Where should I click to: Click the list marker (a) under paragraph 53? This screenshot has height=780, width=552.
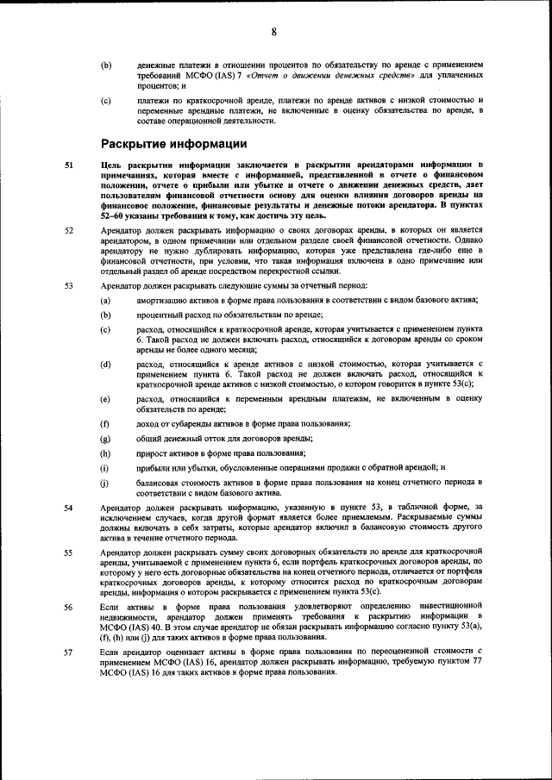[105, 300]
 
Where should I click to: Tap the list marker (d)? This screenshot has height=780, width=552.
[105, 365]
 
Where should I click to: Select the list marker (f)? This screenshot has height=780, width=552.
[105, 424]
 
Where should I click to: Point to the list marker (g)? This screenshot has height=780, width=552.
[105, 439]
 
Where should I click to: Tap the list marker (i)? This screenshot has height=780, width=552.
[105, 467]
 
